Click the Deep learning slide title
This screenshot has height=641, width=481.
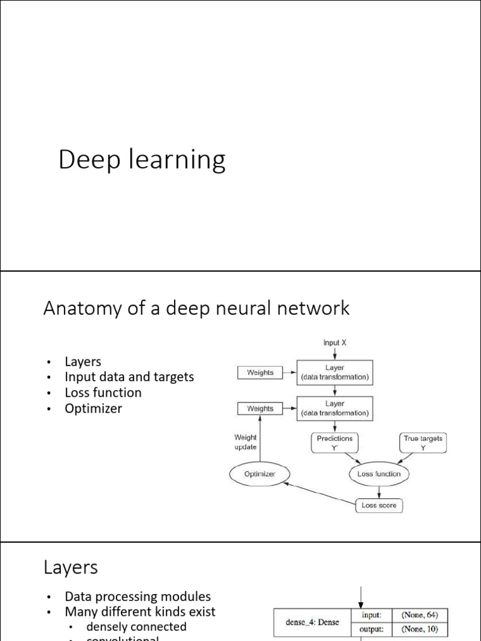[142, 160]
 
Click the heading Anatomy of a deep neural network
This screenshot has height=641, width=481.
[196, 308]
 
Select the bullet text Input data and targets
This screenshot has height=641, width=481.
[129, 377]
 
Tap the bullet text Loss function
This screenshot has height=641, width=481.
[103, 392]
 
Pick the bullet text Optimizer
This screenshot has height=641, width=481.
[93, 408]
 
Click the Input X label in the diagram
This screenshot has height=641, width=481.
[335, 342]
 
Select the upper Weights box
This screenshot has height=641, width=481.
[260, 372]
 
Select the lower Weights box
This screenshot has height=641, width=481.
[260, 409]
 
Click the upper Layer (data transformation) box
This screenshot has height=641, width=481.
[334, 372]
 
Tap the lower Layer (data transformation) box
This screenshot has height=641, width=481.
[334, 409]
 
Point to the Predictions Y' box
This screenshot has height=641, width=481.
[334, 443]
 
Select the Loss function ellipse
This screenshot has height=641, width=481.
[378, 474]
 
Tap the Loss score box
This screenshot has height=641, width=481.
[378, 505]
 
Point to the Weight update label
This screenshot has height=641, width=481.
[245, 442]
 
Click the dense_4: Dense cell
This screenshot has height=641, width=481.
[313, 623]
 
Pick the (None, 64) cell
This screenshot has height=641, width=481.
[420, 615]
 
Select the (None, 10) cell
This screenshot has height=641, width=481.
[420, 630]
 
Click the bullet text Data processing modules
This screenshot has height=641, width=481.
[137, 596]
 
